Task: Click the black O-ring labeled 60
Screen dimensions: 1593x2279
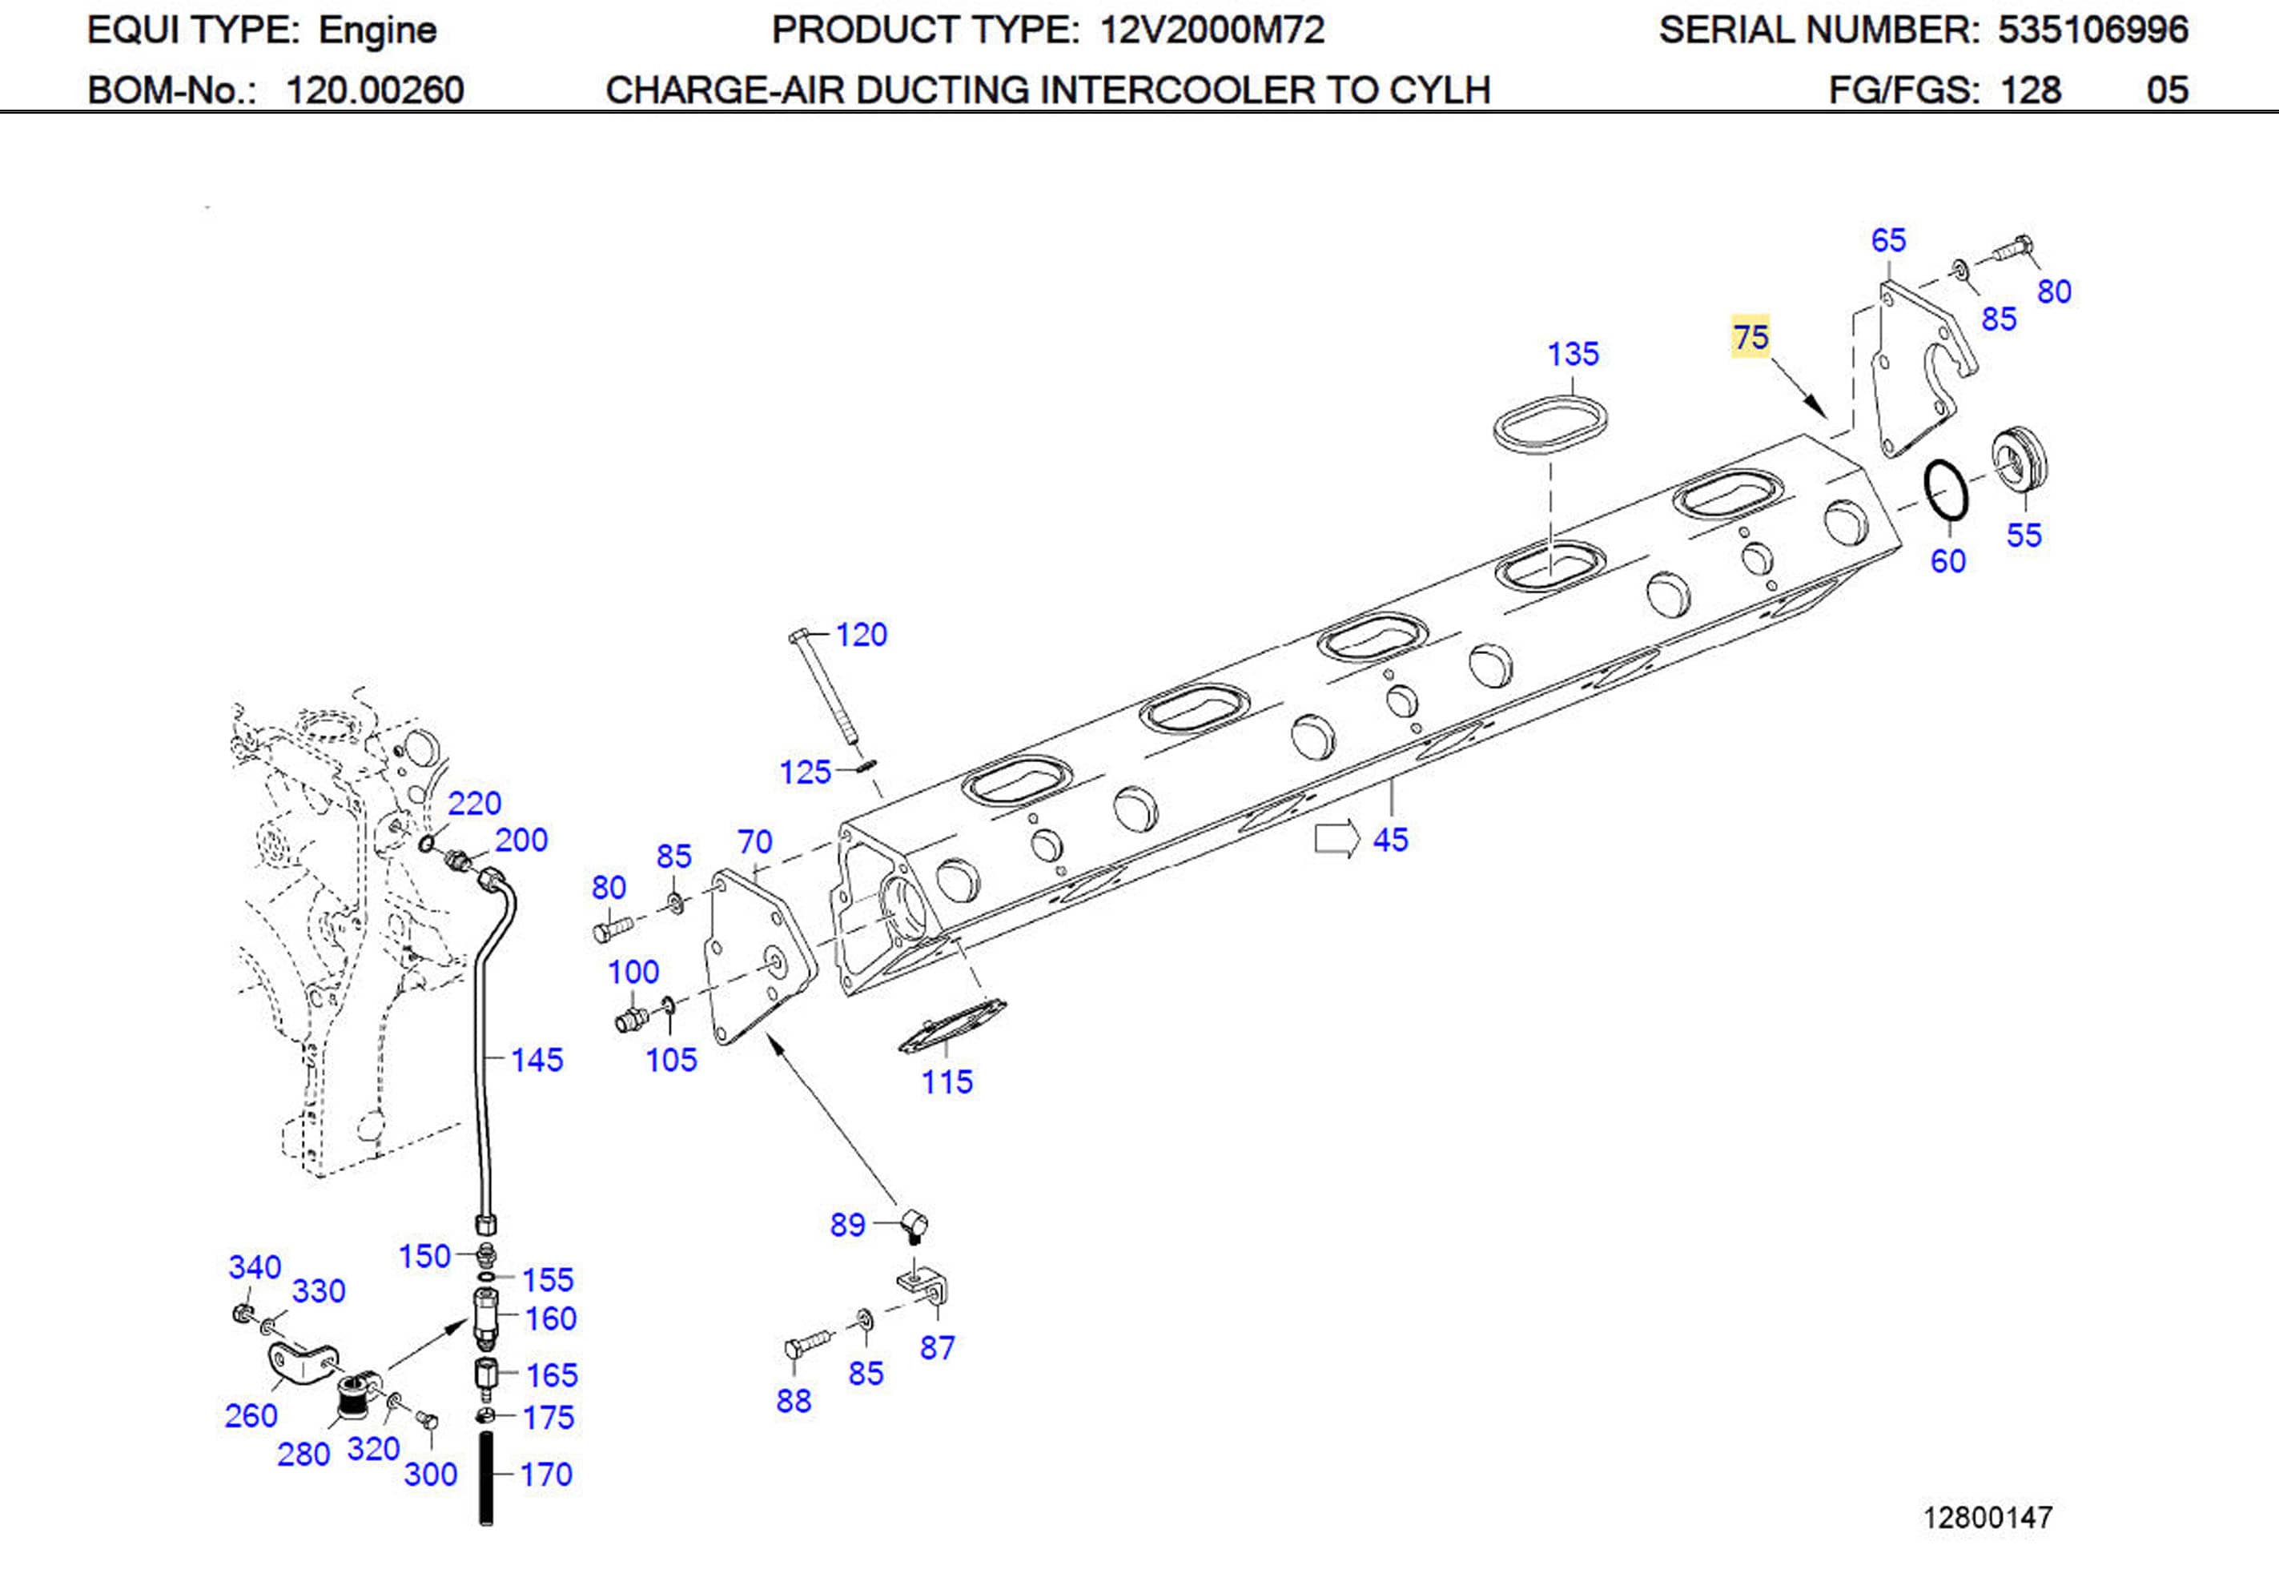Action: pyautogui.click(x=1946, y=489)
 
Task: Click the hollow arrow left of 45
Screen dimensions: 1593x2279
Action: pyautogui.click(x=1336, y=839)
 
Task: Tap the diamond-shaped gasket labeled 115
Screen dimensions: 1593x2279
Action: pyautogui.click(x=951, y=1026)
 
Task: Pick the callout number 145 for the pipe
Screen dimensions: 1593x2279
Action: pyautogui.click(x=537, y=1060)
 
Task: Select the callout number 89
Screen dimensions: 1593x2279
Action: pyautogui.click(x=848, y=1225)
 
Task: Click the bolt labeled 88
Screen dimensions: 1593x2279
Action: pyautogui.click(x=808, y=1345)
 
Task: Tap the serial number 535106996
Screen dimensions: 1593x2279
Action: pyautogui.click(x=2092, y=30)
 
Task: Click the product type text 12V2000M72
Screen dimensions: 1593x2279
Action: pyautogui.click(x=1212, y=30)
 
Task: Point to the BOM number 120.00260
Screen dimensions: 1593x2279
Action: pyautogui.click(x=374, y=90)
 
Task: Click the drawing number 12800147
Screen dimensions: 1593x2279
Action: pyautogui.click(x=1988, y=1518)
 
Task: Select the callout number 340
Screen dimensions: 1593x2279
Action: pyautogui.click(x=254, y=1267)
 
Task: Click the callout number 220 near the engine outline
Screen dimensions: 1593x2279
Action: pyautogui.click(x=475, y=803)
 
